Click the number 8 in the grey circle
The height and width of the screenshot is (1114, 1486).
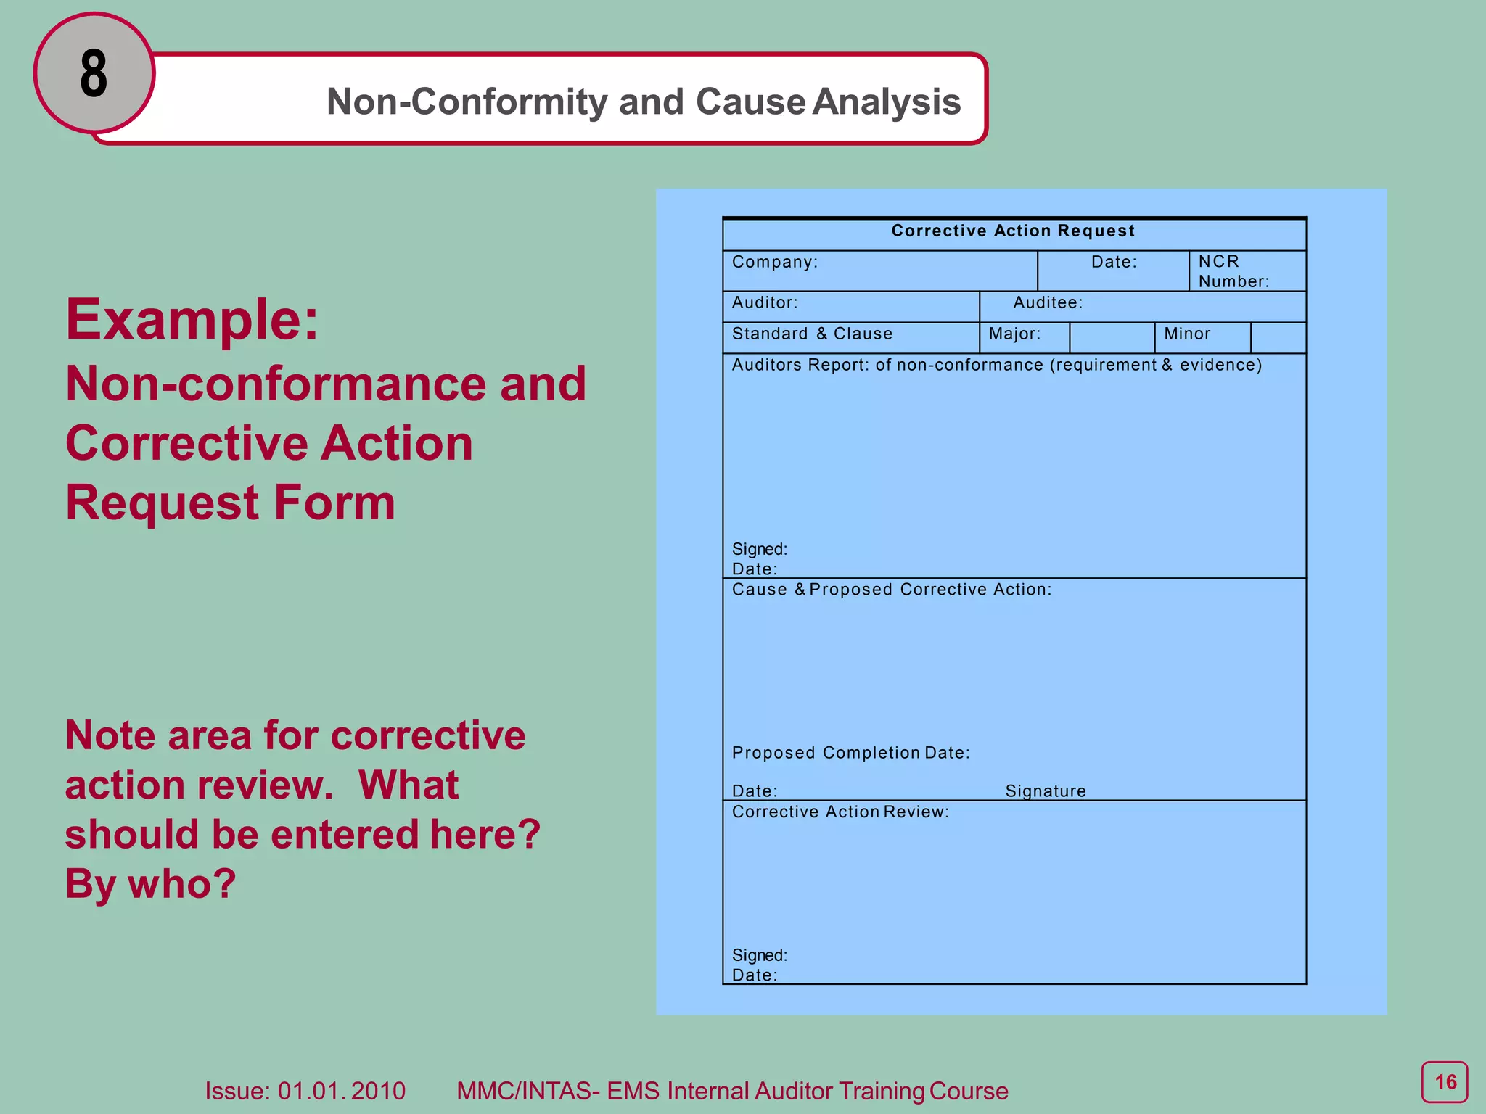point(94,74)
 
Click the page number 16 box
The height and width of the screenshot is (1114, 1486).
point(1444,1083)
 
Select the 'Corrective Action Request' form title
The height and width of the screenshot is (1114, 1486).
point(1013,231)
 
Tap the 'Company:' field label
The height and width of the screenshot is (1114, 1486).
point(774,262)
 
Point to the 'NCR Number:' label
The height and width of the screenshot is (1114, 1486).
point(1233,271)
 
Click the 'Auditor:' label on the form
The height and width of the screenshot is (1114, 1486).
point(765,302)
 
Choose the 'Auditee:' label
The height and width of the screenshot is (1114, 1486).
point(1048,302)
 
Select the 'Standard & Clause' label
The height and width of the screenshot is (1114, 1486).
point(812,334)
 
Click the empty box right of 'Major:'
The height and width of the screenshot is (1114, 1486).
point(1112,337)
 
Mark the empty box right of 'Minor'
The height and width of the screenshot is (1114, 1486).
point(1278,337)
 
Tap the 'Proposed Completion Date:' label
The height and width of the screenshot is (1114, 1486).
point(850,753)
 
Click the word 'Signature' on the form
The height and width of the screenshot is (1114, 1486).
point(1046,791)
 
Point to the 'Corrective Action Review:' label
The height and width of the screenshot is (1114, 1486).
point(840,812)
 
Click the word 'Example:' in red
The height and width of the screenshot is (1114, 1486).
point(192,319)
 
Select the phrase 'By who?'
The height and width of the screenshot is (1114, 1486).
point(151,883)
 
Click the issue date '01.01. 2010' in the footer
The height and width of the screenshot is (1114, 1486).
point(342,1091)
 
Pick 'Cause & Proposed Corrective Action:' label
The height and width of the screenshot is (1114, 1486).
point(891,590)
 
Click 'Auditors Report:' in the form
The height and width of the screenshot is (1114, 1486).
point(800,365)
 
